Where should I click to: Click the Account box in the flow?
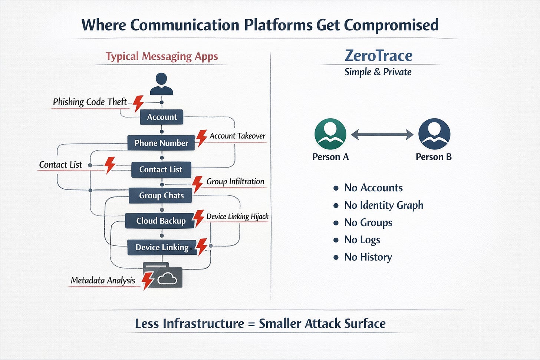tap(162, 117)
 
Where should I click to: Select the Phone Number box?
tap(161, 143)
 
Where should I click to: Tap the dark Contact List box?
tap(161, 169)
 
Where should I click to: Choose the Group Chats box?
tap(161, 195)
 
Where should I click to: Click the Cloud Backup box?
tap(160, 221)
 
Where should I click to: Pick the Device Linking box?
tap(162, 247)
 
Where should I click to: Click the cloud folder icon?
tap(163, 275)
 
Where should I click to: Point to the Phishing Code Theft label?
tap(90, 102)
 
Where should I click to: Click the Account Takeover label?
tap(237, 136)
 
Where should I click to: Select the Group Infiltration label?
tap(235, 181)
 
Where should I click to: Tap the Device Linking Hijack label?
tap(237, 217)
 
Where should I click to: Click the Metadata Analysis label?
tap(103, 280)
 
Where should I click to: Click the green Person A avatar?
tap(330, 134)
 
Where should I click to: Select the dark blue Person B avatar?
tap(434, 134)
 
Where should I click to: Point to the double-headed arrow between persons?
tap(382, 135)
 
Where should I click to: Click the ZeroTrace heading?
tap(378, 56)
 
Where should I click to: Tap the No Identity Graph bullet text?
tap(383, 205)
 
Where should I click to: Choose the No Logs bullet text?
tap(362, 240)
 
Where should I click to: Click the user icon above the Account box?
tap(162, 84)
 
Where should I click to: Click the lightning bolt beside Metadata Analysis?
tap(147, 281)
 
